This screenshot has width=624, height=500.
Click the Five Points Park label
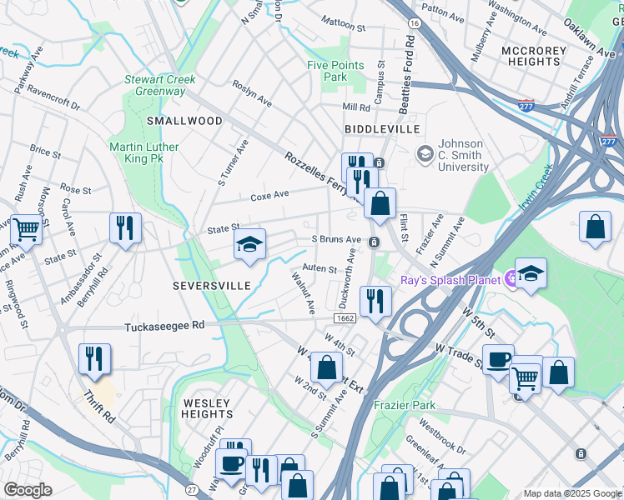tap(335, 71)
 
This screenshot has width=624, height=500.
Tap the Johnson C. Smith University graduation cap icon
tap(425, 153)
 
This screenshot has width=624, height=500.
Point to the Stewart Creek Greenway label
tap(160, 85)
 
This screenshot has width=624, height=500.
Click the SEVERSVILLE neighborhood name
tap(212, 286)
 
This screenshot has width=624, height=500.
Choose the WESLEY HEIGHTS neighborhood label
tap(207, 408)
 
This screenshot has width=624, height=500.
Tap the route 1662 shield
tap(346, 318)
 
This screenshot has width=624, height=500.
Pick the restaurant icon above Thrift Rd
tap(95, 357)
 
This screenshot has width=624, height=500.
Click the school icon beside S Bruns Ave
tap(249, 244)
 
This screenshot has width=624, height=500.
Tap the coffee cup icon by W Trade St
tap(498, 359)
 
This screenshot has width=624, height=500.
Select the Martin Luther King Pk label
tap(144, 153)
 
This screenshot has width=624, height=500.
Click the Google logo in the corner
tap(28, 490)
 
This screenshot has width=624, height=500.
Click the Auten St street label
tap(320, 269)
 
